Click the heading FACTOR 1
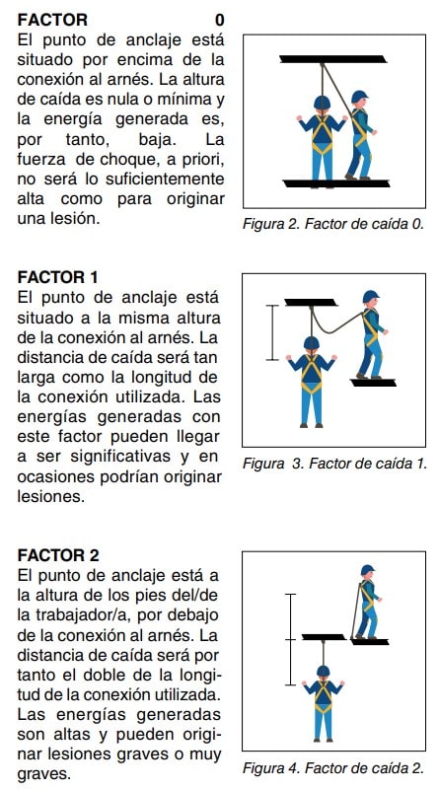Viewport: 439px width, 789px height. [x=58, y=277]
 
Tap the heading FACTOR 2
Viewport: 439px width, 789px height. [x=58, y=555]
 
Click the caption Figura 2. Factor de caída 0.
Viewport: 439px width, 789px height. [x=332, y=224]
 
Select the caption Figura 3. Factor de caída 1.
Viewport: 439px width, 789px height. [x=334, y=464]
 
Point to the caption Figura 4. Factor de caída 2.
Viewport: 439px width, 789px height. [x=333, y=768]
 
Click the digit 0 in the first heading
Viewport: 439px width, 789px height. [x=219, y=21]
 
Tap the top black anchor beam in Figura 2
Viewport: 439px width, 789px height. [x=333, y=59]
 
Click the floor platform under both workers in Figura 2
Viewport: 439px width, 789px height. [x=336, y=183]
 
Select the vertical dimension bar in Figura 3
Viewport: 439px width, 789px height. [x=272, y=332]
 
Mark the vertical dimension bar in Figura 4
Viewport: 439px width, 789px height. [x=290, y=639]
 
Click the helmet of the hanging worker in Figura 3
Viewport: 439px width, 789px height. [x=311, y=343]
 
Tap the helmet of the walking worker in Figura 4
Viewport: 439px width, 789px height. [x=368, y=570]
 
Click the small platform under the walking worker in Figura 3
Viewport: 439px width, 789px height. [x=374, y=383]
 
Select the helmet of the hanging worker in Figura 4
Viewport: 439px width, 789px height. [x=323, y=672]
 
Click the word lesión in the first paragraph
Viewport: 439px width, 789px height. [x=78, y=219]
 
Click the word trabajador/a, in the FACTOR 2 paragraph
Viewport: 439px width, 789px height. [x=88, y=615]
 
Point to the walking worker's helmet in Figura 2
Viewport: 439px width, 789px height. [x=359, y=97]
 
